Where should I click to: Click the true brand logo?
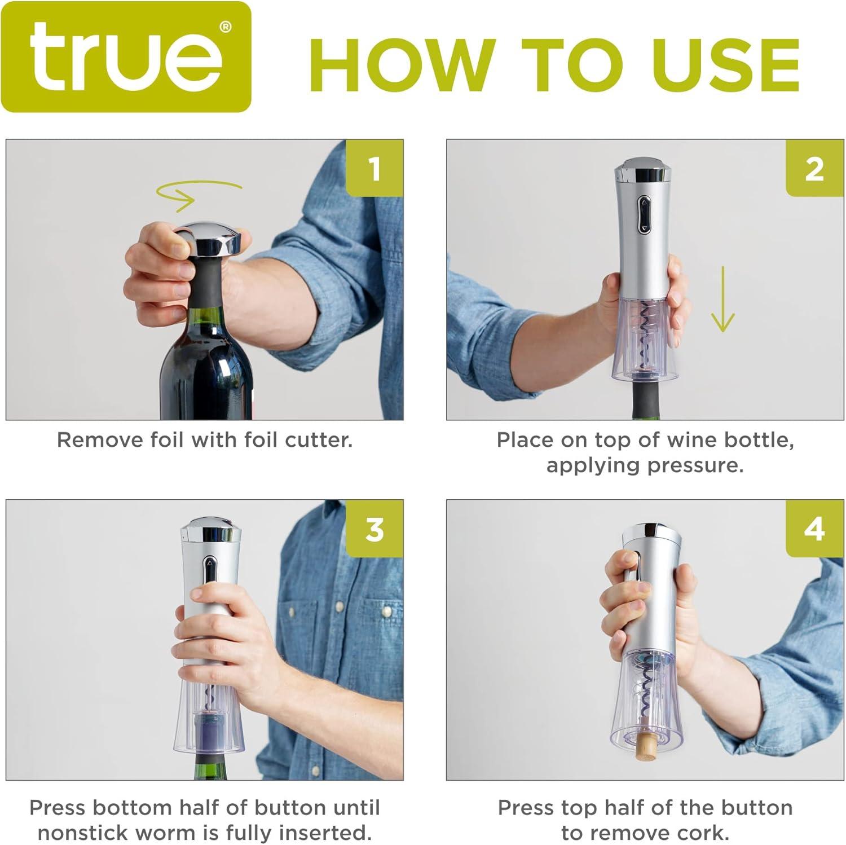coord(126,56)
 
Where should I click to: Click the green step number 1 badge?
coord(374,168)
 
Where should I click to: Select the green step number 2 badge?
coord(814,168)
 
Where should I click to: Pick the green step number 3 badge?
coord(374,529)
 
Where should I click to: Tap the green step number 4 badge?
coord(814,529)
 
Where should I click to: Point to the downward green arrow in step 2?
coord(722,299)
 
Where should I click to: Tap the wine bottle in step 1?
coord(206,361)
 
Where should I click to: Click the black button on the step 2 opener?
coord(644,214)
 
